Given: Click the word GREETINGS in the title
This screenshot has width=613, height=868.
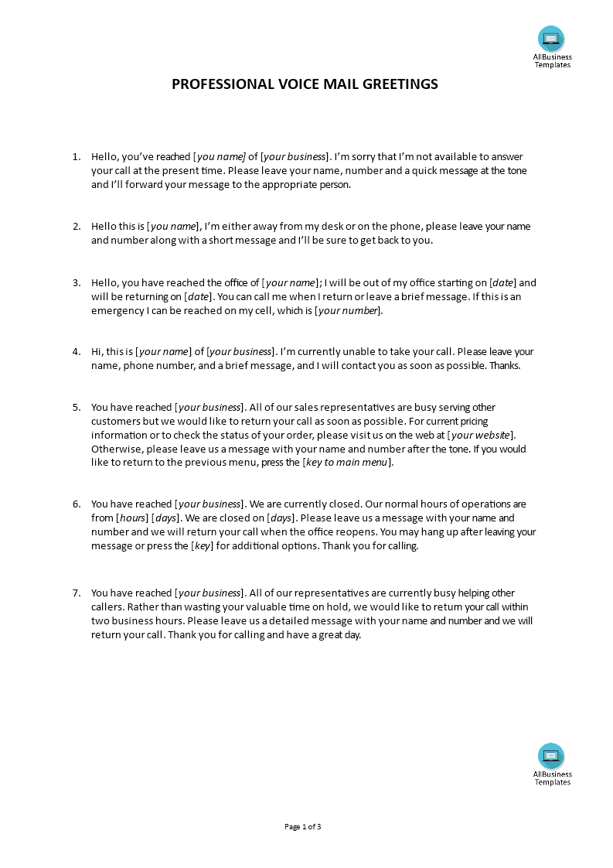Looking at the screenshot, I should (x=398, y=84).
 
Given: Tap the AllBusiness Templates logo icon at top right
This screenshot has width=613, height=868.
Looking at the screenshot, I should (x=551, y=39).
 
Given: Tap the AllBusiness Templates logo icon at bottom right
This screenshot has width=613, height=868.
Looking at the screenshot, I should (x=551, y=756).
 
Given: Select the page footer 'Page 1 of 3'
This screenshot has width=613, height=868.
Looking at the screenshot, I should (x=302, y=826).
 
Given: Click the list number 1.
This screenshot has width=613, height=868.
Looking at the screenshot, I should (x=76, y=157).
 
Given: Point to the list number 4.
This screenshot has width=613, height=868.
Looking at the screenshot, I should (x=76, y=352).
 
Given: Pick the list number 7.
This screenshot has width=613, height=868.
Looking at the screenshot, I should (x=76, y=593).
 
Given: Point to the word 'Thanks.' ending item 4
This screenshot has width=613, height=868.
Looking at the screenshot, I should (x=504, y=366).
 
